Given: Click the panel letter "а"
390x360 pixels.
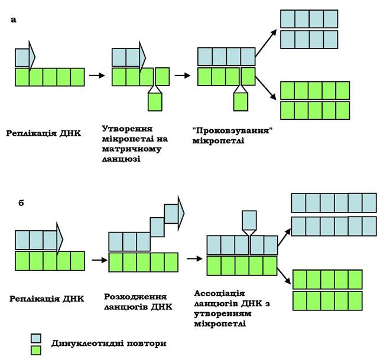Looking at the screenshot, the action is (x=14, y=20).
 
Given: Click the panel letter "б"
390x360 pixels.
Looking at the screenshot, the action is (x=21, y=202).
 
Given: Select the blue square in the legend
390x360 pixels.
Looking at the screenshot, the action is (x=36, y=338).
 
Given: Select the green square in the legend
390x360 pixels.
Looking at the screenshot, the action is (x=36, y=351).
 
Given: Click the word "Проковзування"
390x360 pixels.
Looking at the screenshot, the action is (x=233, y=131).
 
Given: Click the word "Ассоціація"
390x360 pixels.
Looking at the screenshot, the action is (x=219, y=294).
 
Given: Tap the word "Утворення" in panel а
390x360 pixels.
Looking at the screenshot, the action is (x=127, y=129).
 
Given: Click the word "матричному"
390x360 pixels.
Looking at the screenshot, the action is (x=132, y=149).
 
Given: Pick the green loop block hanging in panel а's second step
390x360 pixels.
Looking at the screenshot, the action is (x=155, y=102).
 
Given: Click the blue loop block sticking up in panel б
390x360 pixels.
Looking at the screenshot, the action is (x=249, y=220).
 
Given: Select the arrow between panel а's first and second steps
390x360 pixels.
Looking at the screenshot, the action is (x=97, y=75).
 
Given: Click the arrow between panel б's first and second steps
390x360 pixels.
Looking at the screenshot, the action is (x=99, y=260).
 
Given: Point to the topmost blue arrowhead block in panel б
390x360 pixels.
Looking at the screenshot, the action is (x=174, y=214).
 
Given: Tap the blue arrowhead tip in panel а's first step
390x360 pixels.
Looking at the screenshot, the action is (x=35, y=57).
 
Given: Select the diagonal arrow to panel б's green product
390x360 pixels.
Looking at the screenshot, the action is (x=284, y=276).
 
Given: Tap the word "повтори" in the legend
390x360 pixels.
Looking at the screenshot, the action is (x=147, y=344).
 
